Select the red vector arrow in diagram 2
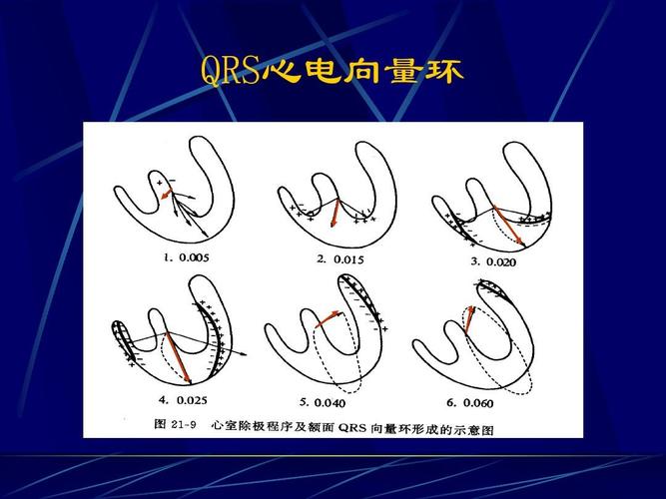pos(338,213)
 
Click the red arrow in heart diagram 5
pos(328,319)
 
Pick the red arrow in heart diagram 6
pos(468,317)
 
